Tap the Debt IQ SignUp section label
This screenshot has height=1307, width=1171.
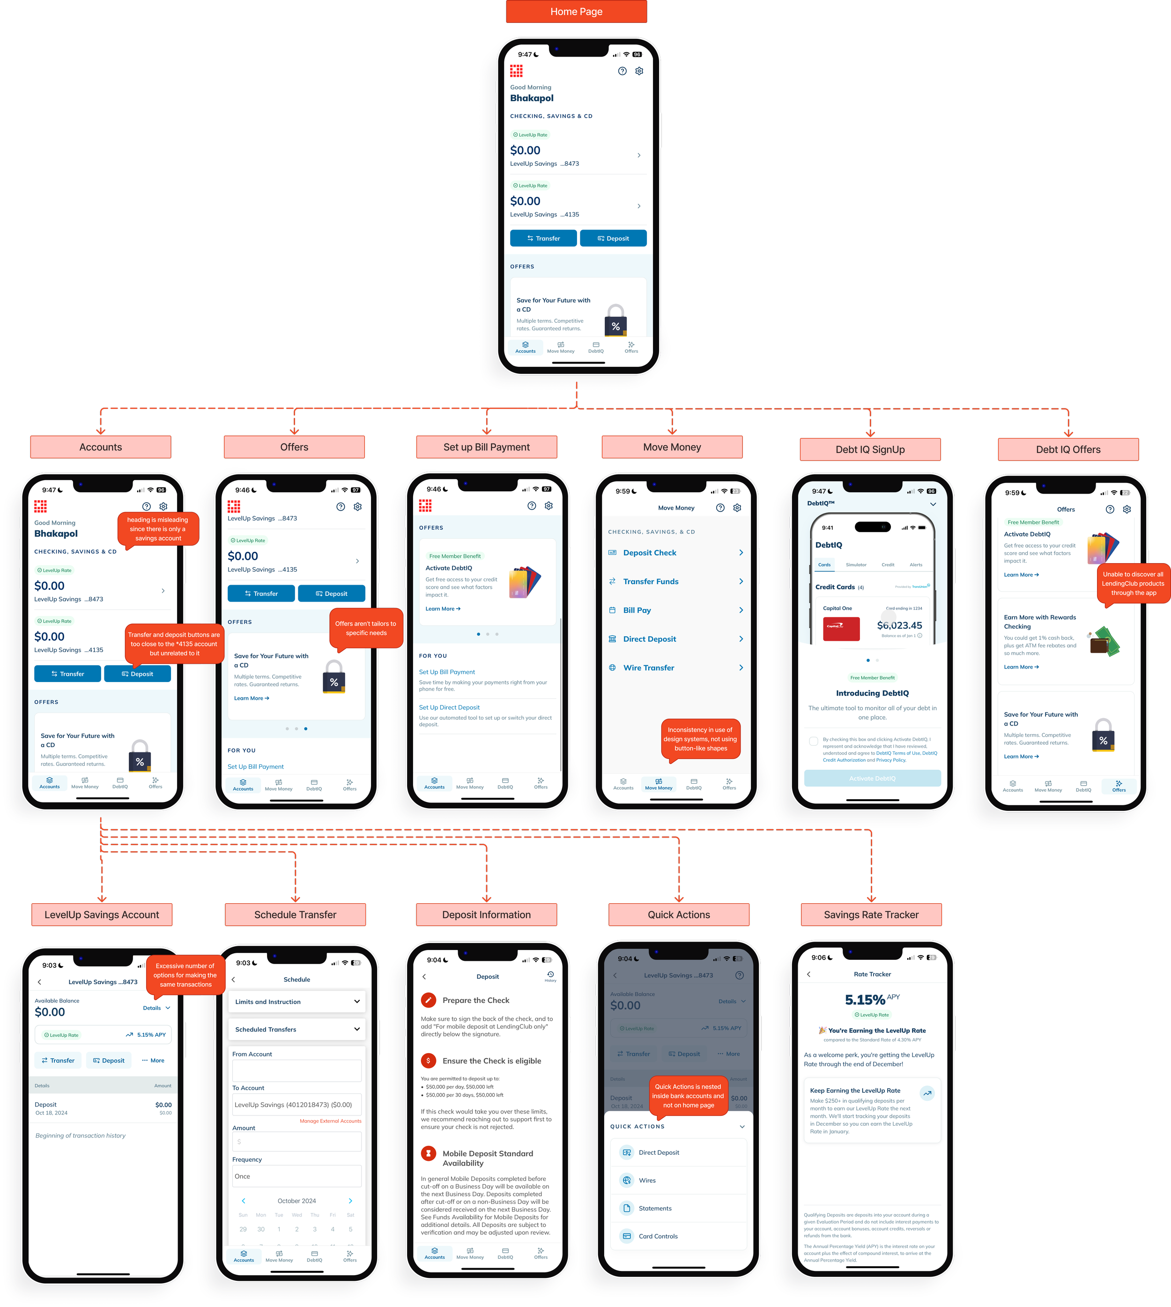[x=870, y=449]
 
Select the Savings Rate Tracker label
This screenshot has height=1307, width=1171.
[x=871, y=914]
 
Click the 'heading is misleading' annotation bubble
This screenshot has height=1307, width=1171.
[x=158, y=529]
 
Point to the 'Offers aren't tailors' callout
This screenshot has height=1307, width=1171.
[x=365, y=628]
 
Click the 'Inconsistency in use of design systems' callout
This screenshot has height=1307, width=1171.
[x=701, y=739]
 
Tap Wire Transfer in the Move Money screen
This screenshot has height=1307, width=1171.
[x=649, y=668]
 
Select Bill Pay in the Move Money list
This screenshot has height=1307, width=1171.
[x=637, y=610]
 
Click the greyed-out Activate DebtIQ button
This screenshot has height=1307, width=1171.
[x=872, y=778]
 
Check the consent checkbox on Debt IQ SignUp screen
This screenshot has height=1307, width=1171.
[x=813, y=741]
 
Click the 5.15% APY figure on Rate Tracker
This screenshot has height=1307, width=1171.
[x=866, y=999]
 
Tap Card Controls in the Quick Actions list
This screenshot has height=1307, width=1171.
[x=658, y=1236]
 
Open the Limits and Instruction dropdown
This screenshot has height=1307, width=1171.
[x=296, y=1001]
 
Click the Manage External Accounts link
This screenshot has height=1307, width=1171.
[x=330, y=1121]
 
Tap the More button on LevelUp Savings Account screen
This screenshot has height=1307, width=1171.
[x=153, y=1060]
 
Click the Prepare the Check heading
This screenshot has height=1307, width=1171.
[x=475, y=1000]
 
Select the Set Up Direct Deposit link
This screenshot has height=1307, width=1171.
[x=449, y=707]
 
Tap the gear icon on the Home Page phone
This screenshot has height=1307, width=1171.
[x=639, y=71]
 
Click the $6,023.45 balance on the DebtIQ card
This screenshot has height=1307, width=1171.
[x=899, y=625]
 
